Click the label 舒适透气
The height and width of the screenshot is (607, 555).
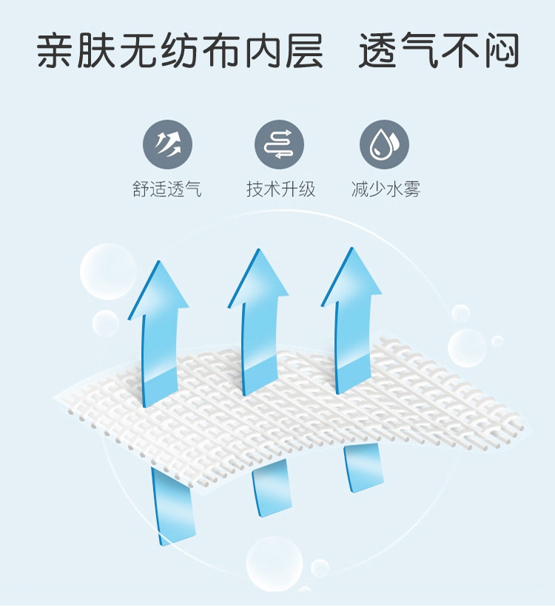point(166,189)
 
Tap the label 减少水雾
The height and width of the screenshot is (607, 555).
point(386,189)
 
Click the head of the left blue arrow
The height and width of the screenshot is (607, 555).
point(158,288)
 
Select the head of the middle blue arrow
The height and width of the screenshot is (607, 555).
point(258,278)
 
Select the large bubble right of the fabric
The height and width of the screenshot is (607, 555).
point(467,346)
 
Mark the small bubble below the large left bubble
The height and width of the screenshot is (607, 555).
point(105,323)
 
